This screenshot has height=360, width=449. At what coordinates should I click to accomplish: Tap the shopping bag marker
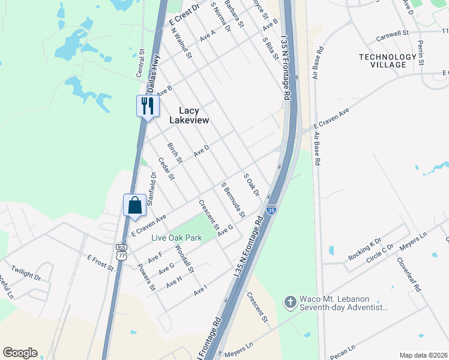(x=134, y=205)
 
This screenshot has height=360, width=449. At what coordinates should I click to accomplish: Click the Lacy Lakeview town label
(x=189, y=115)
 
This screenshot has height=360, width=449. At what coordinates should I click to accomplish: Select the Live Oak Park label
(x=176, y=238)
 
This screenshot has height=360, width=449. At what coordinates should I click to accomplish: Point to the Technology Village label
(x=387, y=61)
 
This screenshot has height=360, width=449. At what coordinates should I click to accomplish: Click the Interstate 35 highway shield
(x=272, y=210)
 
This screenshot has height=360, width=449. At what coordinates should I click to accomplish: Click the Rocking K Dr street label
(x=365, y=250)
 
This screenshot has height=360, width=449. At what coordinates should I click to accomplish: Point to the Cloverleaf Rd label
(x=409, y=274)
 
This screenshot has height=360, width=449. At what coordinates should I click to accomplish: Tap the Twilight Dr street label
(x=26, y=274)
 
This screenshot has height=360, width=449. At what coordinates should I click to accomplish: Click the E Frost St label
(x=100, y=263)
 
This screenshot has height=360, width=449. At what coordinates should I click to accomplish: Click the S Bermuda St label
(x=234, y=200)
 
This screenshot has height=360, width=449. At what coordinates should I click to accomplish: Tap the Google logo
(x=20, y=353)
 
